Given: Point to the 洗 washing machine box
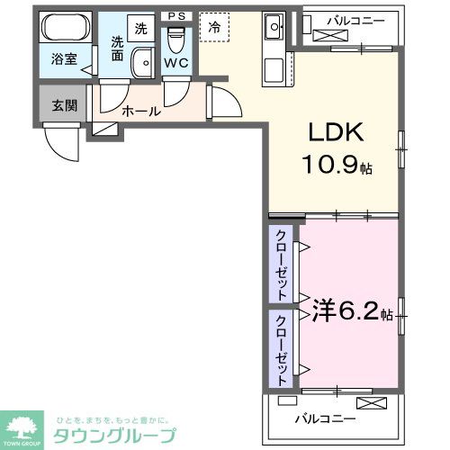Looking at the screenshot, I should point(140,28).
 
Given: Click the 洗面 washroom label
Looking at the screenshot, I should point(117,48).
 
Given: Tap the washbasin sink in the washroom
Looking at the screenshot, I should point(142,63).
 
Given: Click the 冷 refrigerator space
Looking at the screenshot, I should point(214,28).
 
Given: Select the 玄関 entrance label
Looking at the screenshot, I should point(64,105).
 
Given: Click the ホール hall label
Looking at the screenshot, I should point(140,112).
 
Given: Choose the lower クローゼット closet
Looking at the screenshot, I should point(282,350).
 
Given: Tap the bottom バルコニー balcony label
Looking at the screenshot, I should point(325,418).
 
